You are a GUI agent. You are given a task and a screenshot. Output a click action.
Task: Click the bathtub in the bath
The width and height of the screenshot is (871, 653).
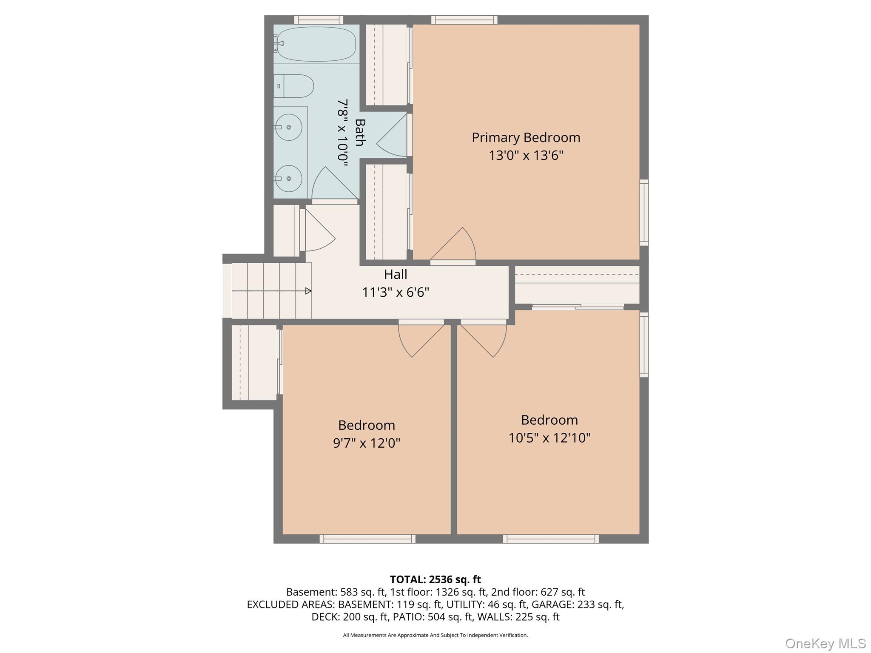(317, 44)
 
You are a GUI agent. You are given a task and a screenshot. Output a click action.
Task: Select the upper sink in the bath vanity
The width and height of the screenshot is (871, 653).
(289, 127)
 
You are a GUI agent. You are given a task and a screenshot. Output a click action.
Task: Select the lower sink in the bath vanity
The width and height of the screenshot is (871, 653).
(289, 179)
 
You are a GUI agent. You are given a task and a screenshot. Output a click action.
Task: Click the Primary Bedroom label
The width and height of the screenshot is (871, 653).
(526, 138)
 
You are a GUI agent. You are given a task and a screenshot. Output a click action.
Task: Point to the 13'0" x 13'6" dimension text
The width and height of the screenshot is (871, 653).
(526, 156)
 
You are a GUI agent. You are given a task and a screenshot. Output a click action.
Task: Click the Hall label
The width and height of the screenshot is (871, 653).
(396, 275)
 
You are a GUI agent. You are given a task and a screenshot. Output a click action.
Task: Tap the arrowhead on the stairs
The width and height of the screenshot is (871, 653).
(308, 291)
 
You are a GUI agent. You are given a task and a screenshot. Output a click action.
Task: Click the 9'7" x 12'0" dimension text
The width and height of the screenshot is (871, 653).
(367, 443)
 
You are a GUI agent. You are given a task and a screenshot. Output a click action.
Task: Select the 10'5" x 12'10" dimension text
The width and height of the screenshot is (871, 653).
(549, 438)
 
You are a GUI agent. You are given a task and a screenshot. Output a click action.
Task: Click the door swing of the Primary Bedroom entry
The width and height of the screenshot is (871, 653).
(457, 247)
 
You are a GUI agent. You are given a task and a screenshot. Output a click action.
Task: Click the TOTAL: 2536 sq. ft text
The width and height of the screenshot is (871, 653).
(435, 579)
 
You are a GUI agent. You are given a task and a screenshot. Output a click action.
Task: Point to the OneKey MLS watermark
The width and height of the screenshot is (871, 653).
(825, 643)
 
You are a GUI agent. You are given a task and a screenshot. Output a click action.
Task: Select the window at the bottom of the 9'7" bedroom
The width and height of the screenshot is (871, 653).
(367, 539)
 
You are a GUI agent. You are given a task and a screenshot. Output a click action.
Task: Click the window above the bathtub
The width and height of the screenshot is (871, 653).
(319, 20)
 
